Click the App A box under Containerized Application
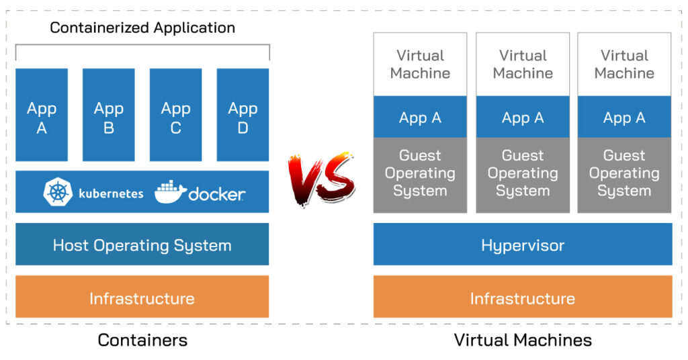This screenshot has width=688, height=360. (x=42, y=115)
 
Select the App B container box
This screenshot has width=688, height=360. (x=109, y=115)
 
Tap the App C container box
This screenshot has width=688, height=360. (x=175, y=115)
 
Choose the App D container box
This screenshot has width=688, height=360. (x=243, y=115)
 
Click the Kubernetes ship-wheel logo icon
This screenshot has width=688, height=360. (x=58, y=193)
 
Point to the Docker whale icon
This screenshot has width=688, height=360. (x=171, y=192)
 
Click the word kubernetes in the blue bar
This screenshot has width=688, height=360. (x=111, y=193)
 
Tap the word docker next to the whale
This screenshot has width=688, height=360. (x=216, y=194)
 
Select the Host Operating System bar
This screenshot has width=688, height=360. (x=142, y=244)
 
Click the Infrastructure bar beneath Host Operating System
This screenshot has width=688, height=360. (x=142, y=297)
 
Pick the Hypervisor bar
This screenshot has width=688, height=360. (x=523, y=244)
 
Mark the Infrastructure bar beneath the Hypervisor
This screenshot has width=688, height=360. (x=523, y=297)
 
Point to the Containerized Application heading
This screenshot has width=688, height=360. (x=142, y=28)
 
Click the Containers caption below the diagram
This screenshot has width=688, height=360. (x=142, y=340)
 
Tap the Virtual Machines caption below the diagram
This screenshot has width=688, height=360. (x=523, y=340)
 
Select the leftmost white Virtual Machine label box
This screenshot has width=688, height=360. (x=420, y=64)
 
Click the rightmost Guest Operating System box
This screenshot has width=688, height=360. (x=624, y=174)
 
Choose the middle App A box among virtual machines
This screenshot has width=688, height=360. (x=523, y=118)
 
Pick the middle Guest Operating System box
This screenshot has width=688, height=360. (x=523, y=174)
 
